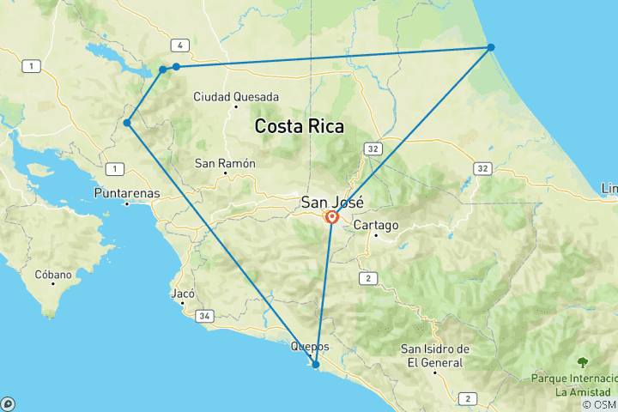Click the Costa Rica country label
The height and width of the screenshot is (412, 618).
pos(300,127)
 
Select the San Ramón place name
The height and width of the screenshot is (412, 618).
pos(225,163)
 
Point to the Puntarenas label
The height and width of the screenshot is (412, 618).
pos(127,193)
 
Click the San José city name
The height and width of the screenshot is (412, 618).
pos(331,203)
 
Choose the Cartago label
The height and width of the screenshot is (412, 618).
pos(375,226)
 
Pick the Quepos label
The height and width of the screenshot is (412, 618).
pos(310,347)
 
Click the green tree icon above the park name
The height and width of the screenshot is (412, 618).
pos(583,362)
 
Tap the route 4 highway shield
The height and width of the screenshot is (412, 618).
pos(179,45)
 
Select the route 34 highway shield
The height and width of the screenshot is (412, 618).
pos(204,317)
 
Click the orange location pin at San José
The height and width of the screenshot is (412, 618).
pos(331,217)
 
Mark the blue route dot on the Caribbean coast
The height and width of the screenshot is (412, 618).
pos(491,47)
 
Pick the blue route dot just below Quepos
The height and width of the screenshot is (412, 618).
pos(316,365)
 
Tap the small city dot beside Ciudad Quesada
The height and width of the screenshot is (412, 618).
pos(235,108)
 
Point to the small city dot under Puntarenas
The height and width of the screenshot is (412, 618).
pos(127,203)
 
